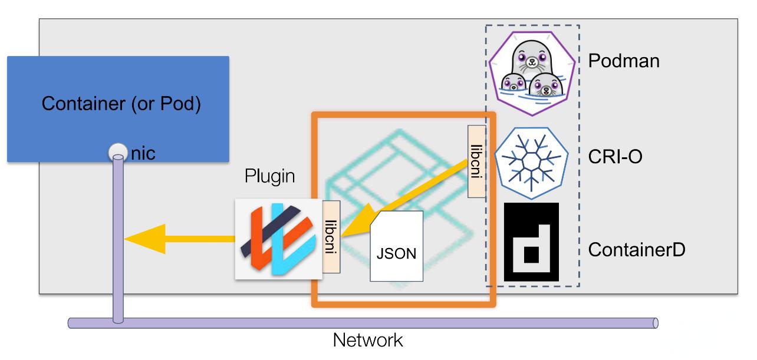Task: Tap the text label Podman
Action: pos(624,60)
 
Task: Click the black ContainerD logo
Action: pos(531,242)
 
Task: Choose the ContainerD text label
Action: pos(637,251)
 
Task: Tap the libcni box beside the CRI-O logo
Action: pos(476,160)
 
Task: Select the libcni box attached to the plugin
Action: pos(331,236)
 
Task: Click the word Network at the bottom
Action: pos(368,341)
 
